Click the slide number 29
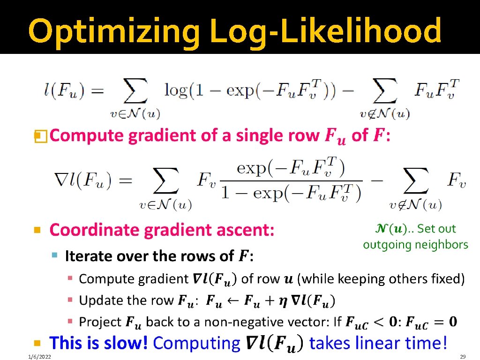[x=464, y=357]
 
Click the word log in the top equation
[x=176, y=90]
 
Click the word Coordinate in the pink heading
[x=89, y=230]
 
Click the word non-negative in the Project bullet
[x=256, y=322]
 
